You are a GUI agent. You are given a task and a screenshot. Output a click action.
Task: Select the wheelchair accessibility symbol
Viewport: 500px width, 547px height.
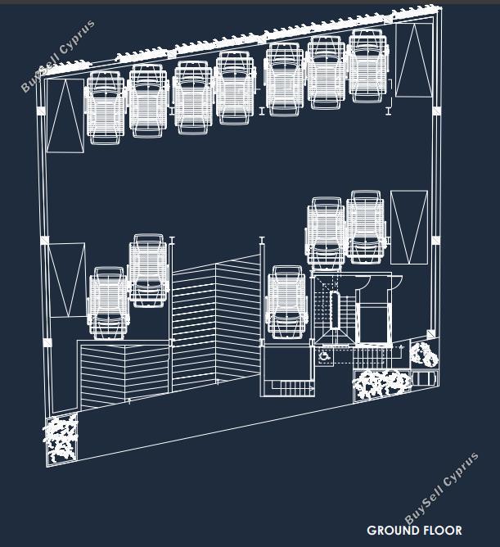coord(324,356)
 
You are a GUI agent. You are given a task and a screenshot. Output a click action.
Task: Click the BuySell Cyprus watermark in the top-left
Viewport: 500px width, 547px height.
coord(58,56)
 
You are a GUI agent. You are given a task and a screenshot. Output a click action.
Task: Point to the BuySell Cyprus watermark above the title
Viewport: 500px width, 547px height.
coord(441,488)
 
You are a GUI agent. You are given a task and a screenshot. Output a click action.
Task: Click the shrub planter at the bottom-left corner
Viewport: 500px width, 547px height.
coord(61,439)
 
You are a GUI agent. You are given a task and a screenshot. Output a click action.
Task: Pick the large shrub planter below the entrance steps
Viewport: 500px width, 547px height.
coord(382,385)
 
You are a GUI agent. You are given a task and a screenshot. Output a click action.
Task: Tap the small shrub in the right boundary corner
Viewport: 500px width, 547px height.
coord(423,354)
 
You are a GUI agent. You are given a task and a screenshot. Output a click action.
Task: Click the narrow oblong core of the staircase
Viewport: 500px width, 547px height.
coord(335,310)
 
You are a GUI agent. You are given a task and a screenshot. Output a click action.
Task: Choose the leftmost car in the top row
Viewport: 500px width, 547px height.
coord(106,108)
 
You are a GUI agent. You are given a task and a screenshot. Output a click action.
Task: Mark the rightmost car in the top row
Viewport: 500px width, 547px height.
coord(368,66)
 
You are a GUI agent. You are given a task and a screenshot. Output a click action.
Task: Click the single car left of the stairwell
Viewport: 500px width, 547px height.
coord(287,302)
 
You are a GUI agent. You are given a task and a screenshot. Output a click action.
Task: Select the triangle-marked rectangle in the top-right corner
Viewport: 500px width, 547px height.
coord(414,60)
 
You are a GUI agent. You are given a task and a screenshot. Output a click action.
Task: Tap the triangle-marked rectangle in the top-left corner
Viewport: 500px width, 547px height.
coord(65,115)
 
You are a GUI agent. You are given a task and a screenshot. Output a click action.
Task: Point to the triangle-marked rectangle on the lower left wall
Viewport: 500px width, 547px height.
coord(67,280)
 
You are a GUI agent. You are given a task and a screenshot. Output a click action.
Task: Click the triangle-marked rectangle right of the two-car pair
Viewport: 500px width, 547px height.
coord(409,227)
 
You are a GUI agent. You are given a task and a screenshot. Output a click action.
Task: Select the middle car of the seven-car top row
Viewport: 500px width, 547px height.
coord(236,88)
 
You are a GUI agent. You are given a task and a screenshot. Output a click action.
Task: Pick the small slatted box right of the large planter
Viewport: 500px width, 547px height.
coord(424,379)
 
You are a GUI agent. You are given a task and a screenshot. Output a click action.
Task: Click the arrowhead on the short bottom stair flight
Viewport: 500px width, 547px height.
coord(311,387)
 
